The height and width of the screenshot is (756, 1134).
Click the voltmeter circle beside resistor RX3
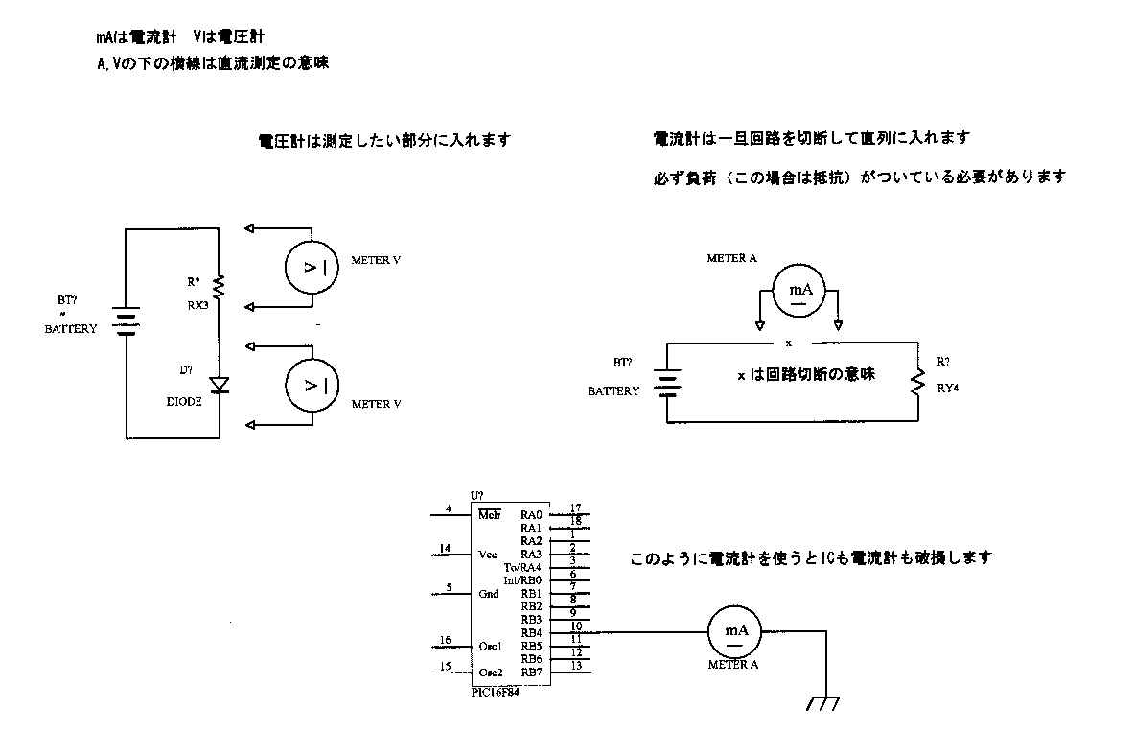click(x=312, y=267)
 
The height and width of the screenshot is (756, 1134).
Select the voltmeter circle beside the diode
click(x=312, y=385)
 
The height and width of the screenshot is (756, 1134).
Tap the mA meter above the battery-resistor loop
click(x=798, y=292)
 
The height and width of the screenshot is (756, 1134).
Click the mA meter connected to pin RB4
click(x=734, y=631)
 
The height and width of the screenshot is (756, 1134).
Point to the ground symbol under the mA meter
click(x=822, y=702)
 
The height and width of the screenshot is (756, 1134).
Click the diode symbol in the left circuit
click(x=220, y=386)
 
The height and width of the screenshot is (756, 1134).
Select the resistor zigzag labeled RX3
click(x=219, y=287)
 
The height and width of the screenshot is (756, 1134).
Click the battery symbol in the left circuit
click(x=126, y=321)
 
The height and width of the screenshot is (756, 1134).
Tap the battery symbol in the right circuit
click(x=666, y=383)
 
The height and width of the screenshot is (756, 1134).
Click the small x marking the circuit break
click(x=789, y=343)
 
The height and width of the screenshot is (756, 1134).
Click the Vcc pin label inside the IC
click(x=486, y=555)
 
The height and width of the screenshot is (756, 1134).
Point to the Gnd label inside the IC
click(x=488, y=594)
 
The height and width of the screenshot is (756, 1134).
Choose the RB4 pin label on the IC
click(x=531, y=632)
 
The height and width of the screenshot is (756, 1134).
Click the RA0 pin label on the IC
click(x=531, y=515)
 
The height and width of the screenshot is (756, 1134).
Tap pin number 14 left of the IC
click(x=445, y=549)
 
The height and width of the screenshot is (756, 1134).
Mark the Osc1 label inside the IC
click(x=490, y=646)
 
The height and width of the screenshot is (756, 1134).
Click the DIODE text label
click(x=184, y=402)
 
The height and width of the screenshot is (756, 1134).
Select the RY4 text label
click(x=949, y=390)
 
